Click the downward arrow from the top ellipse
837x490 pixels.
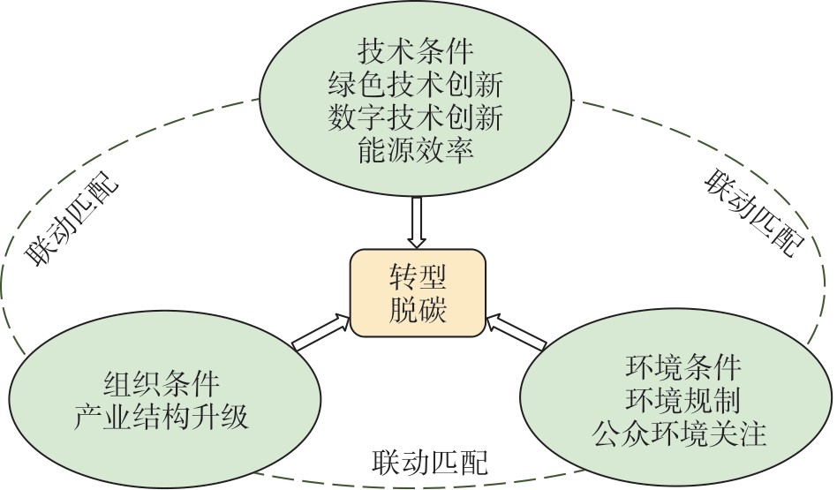click(418, 222)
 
